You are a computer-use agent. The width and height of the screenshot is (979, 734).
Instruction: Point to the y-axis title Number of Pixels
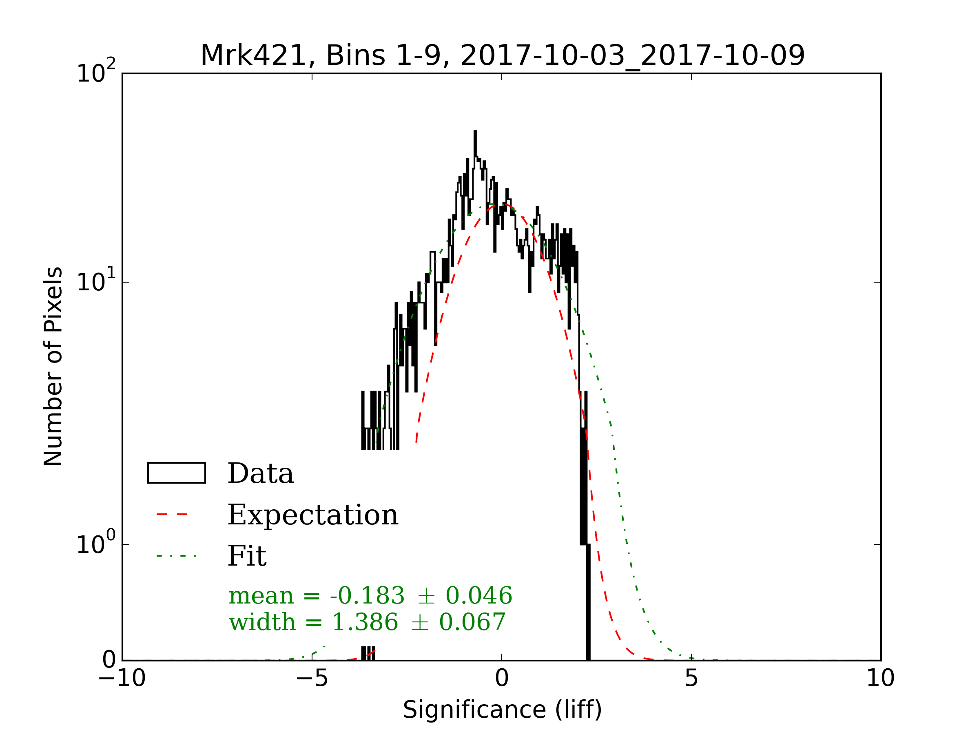click(53, 366)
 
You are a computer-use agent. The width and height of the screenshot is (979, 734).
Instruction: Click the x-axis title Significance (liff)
click(502, 710)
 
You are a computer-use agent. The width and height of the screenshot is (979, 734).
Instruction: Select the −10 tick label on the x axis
click(122, 678)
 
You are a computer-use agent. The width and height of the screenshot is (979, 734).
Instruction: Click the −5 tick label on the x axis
click(312, 678)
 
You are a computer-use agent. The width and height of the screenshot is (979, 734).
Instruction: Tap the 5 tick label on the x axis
click(691, 678)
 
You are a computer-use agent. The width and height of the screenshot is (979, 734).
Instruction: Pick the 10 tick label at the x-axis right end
click(880, 678)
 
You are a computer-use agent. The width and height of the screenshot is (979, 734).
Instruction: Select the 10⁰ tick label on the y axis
click(96, 543)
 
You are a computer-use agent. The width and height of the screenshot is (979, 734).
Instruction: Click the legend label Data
click(260, 474)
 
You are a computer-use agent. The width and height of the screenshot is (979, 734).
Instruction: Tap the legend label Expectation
click(312, 515)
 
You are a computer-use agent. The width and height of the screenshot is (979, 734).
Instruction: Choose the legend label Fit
click(246, 556)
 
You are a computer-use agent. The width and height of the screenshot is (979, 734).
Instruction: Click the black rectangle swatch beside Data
click(176, 473)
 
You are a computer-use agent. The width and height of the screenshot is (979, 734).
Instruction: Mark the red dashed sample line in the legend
click(172, 515)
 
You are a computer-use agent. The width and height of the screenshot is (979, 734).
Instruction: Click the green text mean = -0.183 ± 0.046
click(370, 595)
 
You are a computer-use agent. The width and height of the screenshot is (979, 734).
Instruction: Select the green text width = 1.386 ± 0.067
click(367, 622)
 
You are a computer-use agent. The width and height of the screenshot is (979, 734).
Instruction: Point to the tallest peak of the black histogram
click(475, 132)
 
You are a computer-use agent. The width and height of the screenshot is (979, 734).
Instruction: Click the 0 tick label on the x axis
click(502, 678)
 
